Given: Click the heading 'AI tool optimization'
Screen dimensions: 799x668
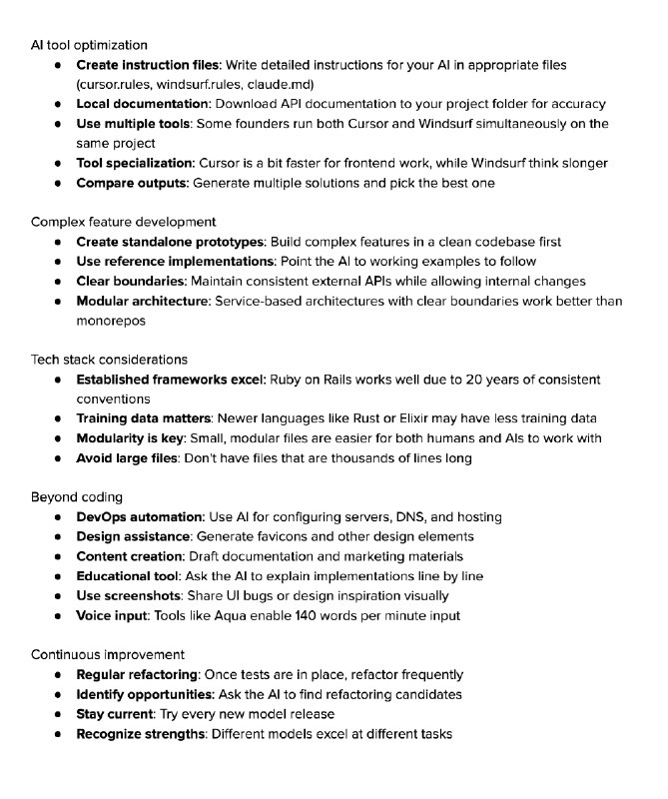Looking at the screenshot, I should coord(89,45).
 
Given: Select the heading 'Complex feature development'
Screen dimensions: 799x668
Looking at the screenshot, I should coord(123,222).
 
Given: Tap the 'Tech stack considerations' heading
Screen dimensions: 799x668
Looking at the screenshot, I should coord(109,360).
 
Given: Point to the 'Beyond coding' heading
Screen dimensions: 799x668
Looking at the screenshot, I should coord(76,497).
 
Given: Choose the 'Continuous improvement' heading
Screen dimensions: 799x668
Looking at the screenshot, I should coord(107,655).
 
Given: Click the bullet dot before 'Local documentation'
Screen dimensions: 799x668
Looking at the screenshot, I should coord(57,104).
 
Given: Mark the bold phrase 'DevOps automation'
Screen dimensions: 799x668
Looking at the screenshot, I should coord(139,517).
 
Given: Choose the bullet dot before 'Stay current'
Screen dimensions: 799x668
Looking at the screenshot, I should coord(57,714).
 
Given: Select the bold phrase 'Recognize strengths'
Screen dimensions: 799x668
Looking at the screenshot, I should coord(140,734).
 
